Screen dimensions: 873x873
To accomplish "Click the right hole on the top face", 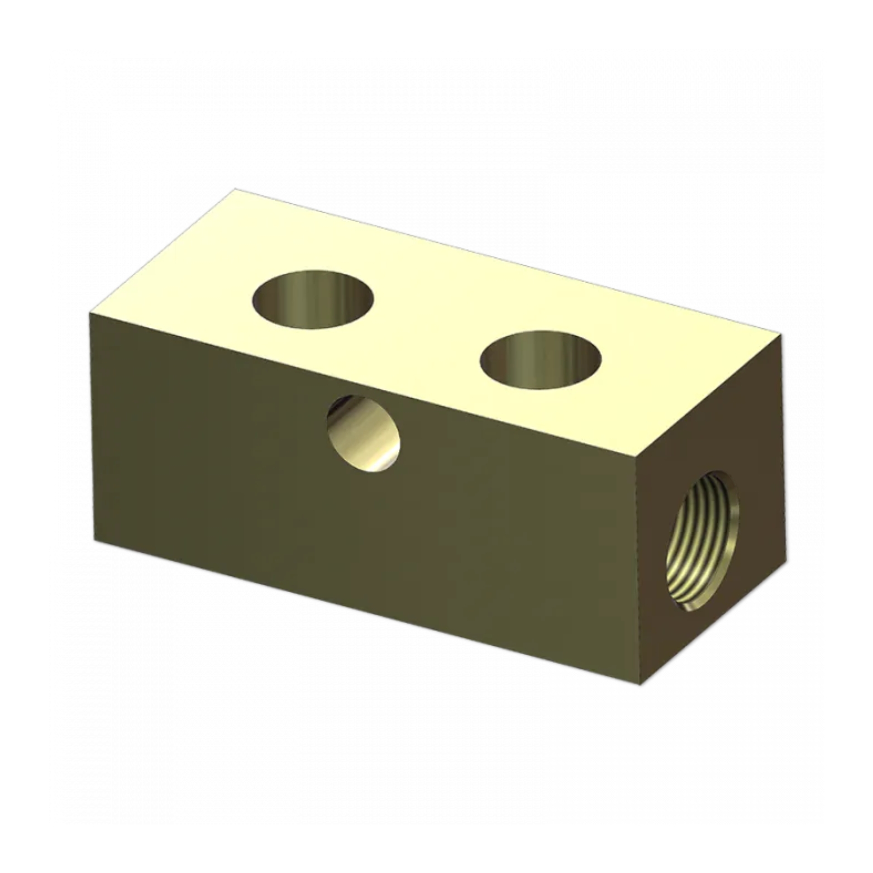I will tap(540, 360).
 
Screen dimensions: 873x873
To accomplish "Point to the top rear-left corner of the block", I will tap(235, 190).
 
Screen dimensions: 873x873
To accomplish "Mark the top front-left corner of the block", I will tap(90, 313).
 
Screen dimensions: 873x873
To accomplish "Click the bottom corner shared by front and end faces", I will tap(641, 685).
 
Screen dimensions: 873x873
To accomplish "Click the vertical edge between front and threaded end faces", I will tap(641, 570).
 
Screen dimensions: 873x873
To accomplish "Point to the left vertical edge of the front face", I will tap(93, 427).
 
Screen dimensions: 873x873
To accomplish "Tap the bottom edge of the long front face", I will tap(369, 612).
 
